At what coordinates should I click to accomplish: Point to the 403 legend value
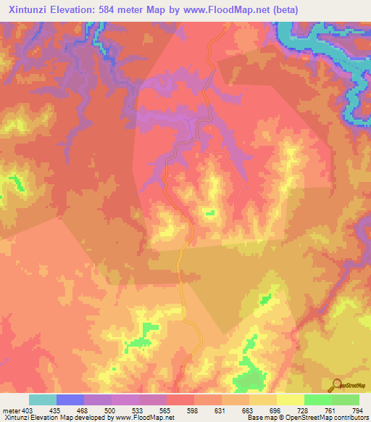tap(28, 410)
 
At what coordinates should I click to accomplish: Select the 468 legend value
tap(82, 410)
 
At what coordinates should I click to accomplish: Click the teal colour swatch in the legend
tap(43, 400)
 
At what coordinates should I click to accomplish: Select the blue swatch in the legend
tap(70, 400)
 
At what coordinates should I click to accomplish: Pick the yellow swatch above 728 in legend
tap(291, 400)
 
